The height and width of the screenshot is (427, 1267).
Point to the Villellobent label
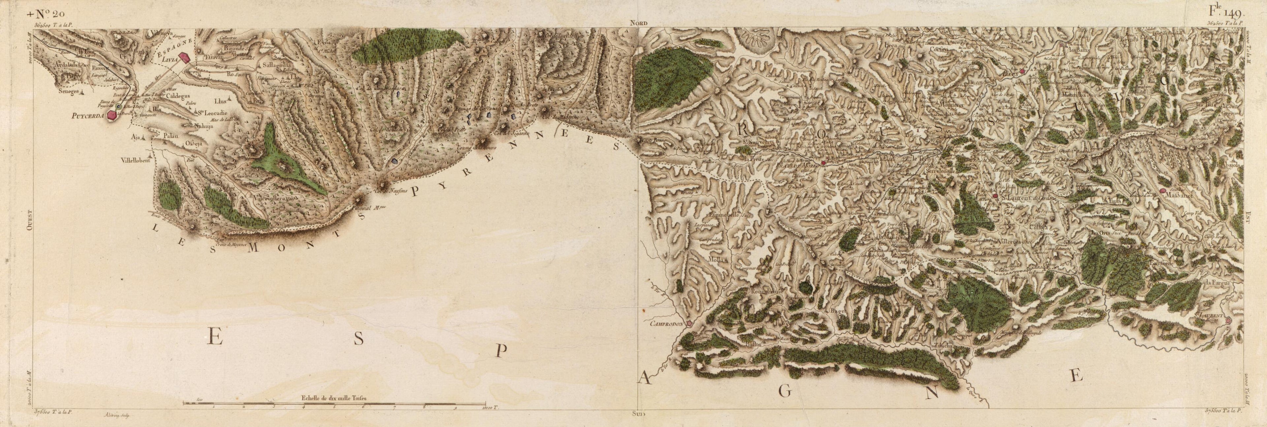(139, 160)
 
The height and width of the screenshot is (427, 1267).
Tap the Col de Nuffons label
(391, 192)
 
